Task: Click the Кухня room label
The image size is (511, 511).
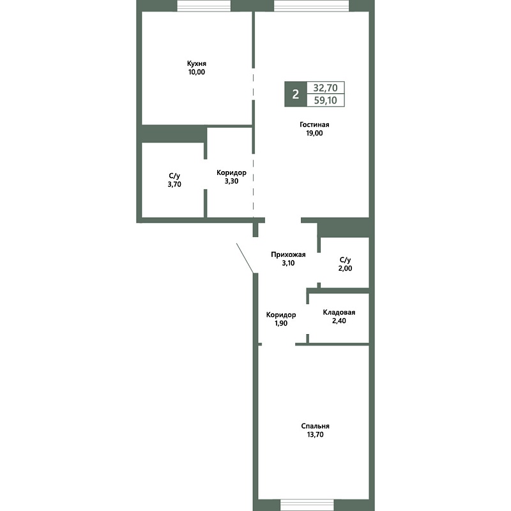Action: point(197,63)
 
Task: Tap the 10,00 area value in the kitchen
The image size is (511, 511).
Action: point(197,72)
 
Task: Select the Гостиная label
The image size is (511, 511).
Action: point(314,125)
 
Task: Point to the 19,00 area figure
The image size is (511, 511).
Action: point(314,133)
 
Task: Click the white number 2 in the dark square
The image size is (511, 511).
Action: point(296,94)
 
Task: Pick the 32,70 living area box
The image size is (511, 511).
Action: point(326,88)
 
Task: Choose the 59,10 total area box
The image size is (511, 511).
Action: point(326,100)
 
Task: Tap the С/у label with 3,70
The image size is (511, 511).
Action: point(174,176)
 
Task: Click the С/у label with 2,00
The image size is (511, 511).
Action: point(345,260)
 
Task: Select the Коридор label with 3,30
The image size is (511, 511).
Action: point(231,172)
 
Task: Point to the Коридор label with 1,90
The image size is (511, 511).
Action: point(281,315)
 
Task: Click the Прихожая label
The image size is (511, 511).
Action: point(288,254)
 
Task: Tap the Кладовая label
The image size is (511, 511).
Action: point(339,312)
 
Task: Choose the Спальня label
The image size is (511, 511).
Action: point(315,426)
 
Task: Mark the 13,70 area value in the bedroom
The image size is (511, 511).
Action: point(315,435)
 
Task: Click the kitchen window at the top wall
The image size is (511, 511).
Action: point(204,6)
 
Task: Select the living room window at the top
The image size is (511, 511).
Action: point(311,6)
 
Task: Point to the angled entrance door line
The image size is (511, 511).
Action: point(245,258)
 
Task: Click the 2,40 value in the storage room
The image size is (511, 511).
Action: point(339,321)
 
